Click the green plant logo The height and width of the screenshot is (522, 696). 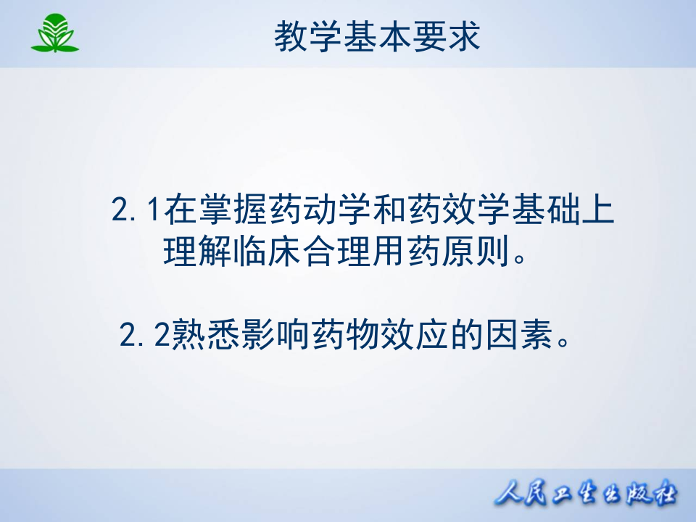54,34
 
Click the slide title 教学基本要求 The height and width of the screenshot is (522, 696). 377,36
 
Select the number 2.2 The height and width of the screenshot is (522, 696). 144,336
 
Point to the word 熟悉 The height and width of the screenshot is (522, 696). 202,336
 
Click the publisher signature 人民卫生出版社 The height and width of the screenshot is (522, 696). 586,496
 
